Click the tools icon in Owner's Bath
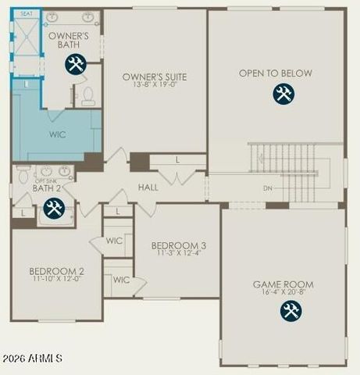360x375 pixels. tap(75, 65)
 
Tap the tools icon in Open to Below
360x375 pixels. tap(283, 95)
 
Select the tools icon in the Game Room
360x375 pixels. tap(290, 311)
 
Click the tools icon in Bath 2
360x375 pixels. tap(53, 208)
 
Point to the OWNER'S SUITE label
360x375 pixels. tap(155, 77)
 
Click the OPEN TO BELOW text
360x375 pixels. tap(276, 73)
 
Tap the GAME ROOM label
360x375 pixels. tap(283, 284)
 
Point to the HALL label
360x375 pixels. tap(148, 187)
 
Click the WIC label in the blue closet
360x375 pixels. tap(57, 134)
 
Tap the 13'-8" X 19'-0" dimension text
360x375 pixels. tap(155, 84)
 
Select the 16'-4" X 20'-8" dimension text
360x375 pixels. tap(283, 293)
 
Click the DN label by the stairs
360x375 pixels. tap(268, 188)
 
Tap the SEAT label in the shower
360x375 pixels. tap(27, 13)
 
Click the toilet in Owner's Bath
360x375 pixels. tap(88, 96)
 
